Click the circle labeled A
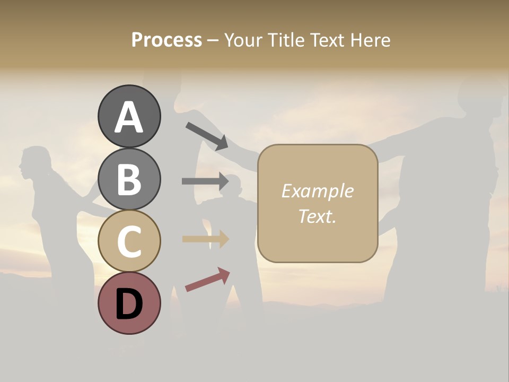tap(129, 116)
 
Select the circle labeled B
tap(129, 179)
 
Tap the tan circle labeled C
tap(129, 241)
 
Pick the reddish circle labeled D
tap(129, 303)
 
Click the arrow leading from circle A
tap(207, 136)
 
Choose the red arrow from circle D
tap(207, 279)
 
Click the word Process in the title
tap(166, 40)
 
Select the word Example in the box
tap(317, 191)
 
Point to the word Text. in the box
tap(317, 216)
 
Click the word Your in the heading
tap(243, 40)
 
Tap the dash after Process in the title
tap(213, 40)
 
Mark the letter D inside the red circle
tap(129, 304)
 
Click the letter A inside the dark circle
tap(129, 117)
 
